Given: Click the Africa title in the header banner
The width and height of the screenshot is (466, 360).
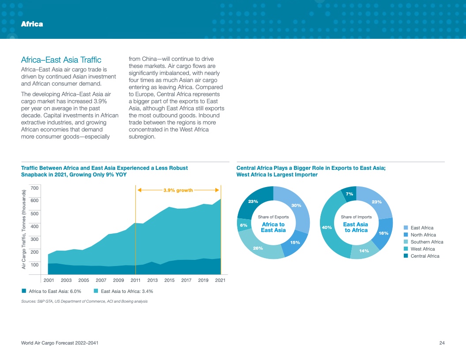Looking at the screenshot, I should click(32, 24).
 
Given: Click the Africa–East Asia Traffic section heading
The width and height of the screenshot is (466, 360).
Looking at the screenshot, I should click(61, 60).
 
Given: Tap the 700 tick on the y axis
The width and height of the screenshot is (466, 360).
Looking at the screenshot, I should click(35, 188).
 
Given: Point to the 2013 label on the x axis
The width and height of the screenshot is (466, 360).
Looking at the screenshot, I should click(153, 280).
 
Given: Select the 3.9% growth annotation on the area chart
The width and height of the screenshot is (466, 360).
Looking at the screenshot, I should click(178, 191).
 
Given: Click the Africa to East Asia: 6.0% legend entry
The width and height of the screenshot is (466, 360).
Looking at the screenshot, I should click(52, 291).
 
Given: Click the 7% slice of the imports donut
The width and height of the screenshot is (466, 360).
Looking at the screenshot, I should click(349, 194).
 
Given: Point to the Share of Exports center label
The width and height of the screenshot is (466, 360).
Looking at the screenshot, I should click(273, 217).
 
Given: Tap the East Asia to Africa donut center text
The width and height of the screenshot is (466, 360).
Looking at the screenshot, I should click(356, 227).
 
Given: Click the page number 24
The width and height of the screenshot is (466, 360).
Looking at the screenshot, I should click(442, 343).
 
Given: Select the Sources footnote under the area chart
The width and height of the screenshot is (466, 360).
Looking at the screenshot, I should click(84, 301).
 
